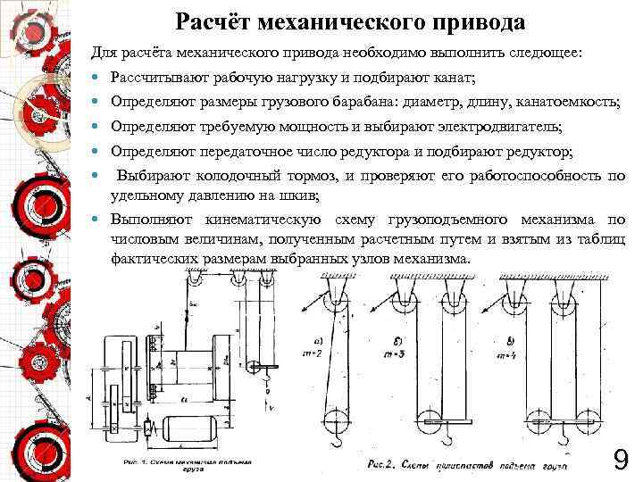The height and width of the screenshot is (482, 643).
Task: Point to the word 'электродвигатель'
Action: [505, 128]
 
